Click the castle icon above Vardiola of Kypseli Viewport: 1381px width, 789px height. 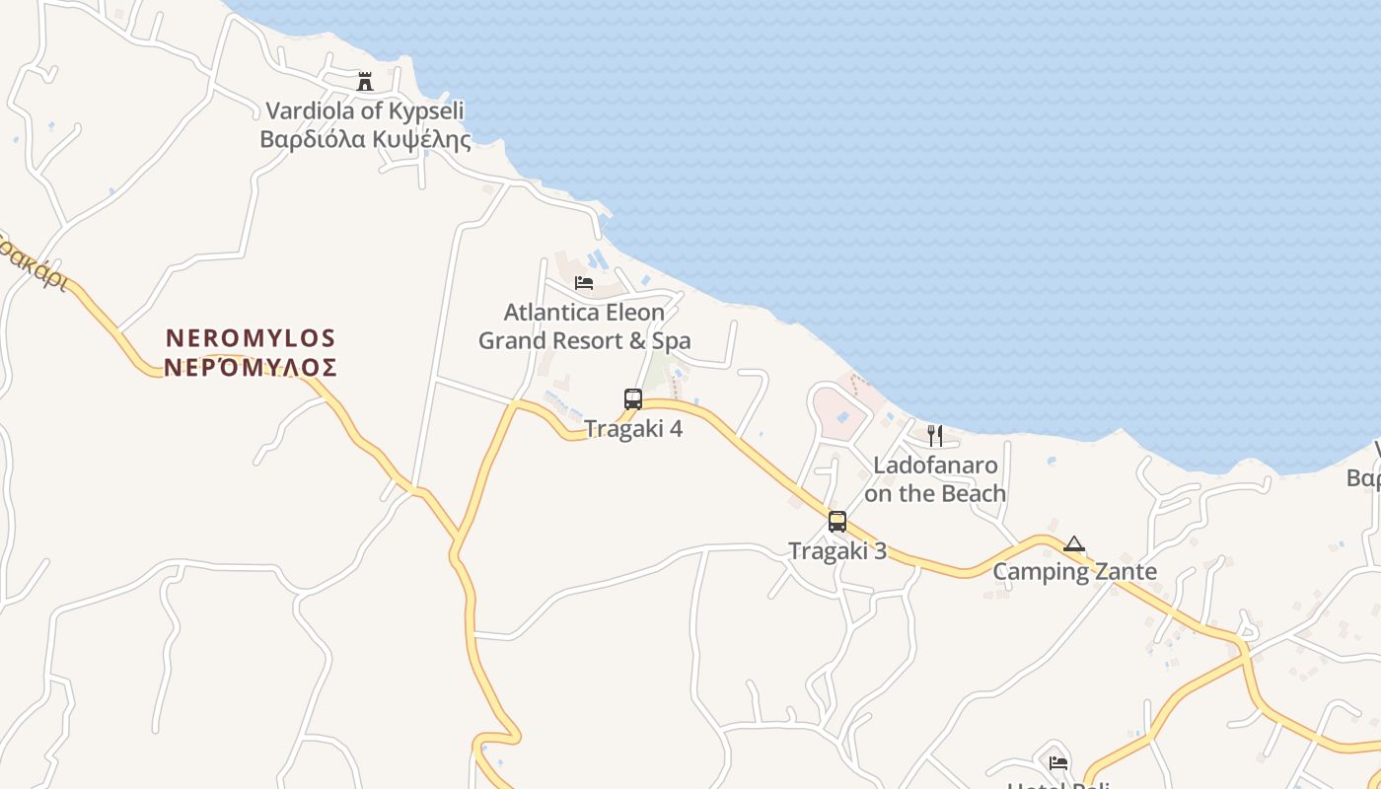[365, 81]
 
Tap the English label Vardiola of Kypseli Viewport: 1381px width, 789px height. [365, 110]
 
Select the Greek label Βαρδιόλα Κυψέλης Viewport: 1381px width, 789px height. [365, 139]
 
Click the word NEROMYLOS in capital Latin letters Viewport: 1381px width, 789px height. [251, 338]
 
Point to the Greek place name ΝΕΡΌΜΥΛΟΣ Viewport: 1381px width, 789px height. [251, 368]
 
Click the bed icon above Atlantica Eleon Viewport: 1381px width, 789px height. [584, 283]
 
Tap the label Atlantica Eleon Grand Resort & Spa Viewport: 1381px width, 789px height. [584, 326]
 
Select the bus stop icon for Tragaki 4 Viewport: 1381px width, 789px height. [633, 399]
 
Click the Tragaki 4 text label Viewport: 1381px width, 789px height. [633, 429]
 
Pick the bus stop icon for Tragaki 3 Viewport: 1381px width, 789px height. [837, 522]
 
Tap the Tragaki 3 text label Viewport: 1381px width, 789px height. [837, 551]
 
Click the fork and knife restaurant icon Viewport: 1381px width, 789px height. [935, 436]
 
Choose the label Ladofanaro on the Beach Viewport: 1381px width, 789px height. [935, 479]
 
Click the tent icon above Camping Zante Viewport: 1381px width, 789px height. [1074, 543]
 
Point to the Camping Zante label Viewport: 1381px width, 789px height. [1074, 572]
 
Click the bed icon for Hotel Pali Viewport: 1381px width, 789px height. [1058, 762]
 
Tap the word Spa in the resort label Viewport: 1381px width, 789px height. [671, 341]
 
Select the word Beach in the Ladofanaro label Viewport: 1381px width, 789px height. [973, 493]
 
